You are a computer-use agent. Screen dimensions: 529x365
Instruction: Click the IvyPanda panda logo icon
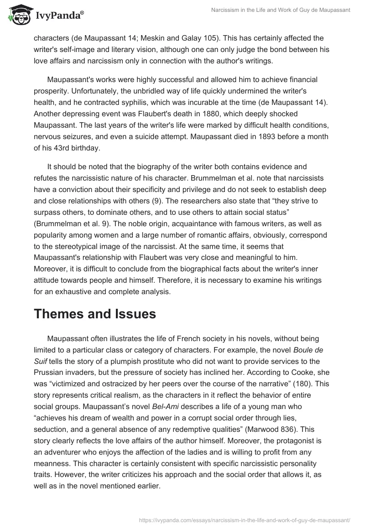pos(19,15)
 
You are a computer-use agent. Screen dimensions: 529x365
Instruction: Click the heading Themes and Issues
pos(95,314)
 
